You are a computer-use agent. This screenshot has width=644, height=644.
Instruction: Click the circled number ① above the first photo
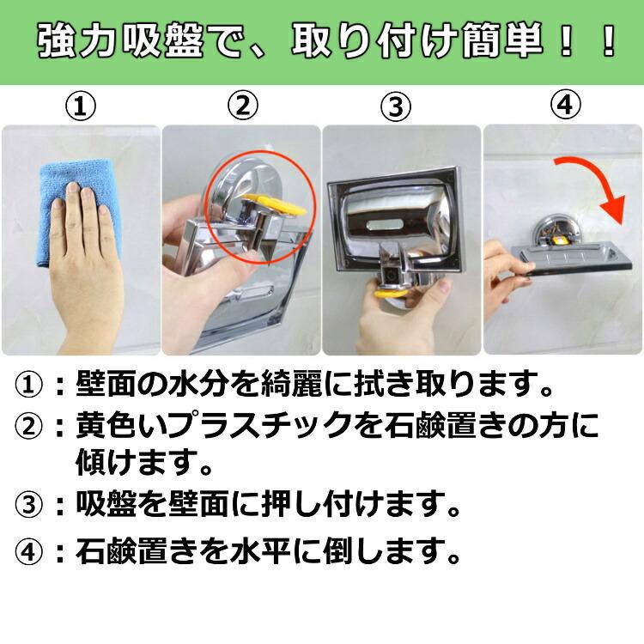[x=81, y=107]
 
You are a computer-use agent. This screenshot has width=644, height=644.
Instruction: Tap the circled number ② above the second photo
[x=242, y=106]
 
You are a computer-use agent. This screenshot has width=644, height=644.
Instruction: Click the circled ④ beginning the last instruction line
[x=30, y=550]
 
